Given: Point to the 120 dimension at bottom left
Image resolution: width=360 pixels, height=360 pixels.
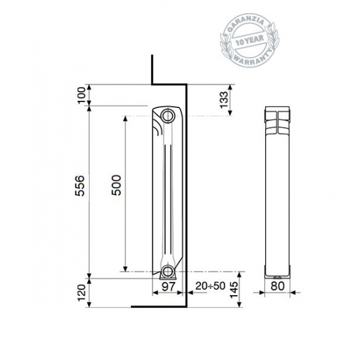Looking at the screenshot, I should (81, 291).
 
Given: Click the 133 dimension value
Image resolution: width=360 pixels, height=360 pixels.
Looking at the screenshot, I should (223, 99).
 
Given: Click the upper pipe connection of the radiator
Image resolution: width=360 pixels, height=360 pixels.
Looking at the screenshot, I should (169, 117).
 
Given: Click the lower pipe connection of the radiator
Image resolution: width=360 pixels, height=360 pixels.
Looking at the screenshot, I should (168, 272).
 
